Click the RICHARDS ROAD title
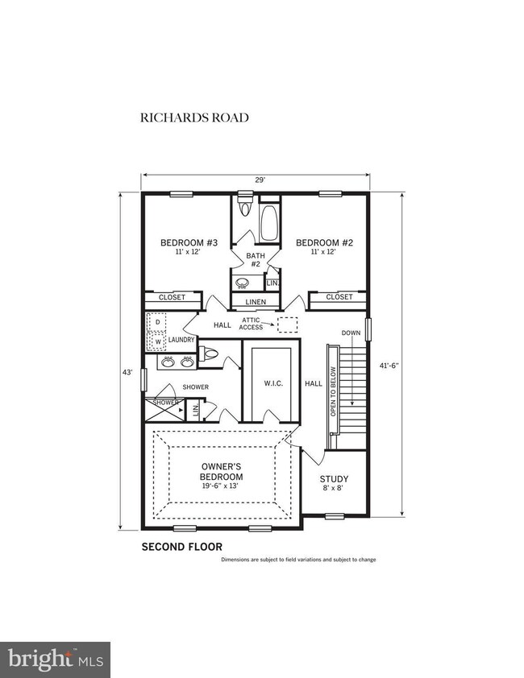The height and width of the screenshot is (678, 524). [x=194, y=118]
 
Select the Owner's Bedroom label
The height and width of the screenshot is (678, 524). [x=222, y=472]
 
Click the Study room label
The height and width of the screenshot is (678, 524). [x=334, y=481]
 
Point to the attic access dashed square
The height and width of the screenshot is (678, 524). [x=287, y=325]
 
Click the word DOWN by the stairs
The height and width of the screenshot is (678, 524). [x=351, y=333]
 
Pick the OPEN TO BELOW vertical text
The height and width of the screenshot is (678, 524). [x=331, y=389]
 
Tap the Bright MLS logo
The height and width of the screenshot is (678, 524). [x=55, y=659]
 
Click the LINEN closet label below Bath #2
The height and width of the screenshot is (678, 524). [x=255, y=302]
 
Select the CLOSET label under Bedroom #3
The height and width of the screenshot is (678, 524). [x=172, y=297]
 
